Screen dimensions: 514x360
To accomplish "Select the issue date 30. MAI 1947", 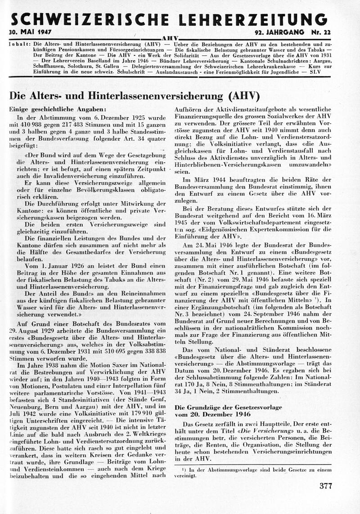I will click(31, 34).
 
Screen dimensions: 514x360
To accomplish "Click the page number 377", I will click(325, 486).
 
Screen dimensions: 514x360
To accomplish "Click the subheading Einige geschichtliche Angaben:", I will click(58, 109).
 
